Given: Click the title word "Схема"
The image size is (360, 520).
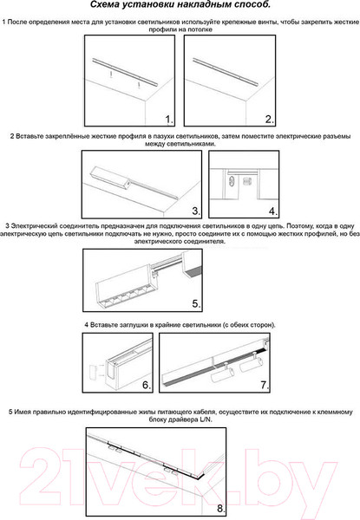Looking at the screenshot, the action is tap(104, 4).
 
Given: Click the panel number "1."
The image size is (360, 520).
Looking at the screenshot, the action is tap(169, 120).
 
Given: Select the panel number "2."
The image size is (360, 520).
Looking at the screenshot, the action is tap(270, 120).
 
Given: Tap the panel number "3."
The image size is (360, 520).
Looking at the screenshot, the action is tap(196, 211).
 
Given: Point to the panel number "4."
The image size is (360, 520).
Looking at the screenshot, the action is tap(273, 211).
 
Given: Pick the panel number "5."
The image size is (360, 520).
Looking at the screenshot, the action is tap(196, 304).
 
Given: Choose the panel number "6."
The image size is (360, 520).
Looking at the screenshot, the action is tap(147, 385).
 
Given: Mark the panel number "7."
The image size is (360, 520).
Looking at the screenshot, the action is tap(265, 385).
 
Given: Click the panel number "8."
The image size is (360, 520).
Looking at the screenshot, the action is tap(221, 508).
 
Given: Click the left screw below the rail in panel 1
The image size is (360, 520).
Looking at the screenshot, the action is tap(112, 75).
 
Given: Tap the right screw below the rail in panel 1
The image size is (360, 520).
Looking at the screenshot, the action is tap(139, 85).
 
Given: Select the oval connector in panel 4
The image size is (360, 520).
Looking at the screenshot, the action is tap(232, 182).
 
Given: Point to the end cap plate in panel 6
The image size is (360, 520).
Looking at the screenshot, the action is tap(93, 371).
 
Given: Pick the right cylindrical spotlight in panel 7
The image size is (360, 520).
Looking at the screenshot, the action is tap(252, 363).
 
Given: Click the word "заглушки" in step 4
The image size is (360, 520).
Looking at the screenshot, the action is tap(134, 325).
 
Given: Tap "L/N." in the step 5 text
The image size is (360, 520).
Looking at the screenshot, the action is tap(206, 419).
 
